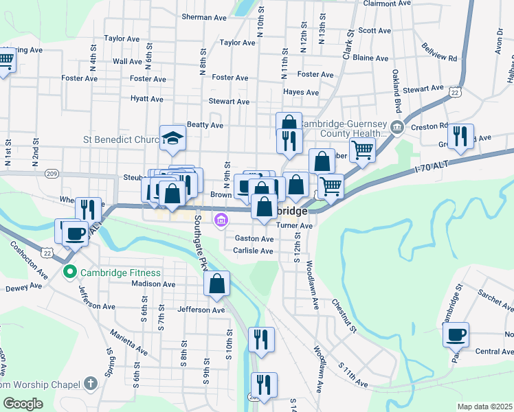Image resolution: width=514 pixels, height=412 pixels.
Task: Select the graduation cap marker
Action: [172, 137]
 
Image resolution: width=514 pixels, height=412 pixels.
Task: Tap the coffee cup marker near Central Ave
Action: [456, 334]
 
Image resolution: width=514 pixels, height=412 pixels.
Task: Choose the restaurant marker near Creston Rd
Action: [461, 135]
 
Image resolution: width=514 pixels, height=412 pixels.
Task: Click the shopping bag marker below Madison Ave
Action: [216, 284]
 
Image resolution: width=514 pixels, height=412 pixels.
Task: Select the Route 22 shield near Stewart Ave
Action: [454, 91]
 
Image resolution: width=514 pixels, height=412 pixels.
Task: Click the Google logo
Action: [23, 404]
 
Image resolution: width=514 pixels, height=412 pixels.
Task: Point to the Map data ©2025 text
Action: [484, 407]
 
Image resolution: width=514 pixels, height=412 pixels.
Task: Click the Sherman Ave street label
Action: [204, 16]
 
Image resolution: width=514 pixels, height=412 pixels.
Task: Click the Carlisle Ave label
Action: [254, 251]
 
